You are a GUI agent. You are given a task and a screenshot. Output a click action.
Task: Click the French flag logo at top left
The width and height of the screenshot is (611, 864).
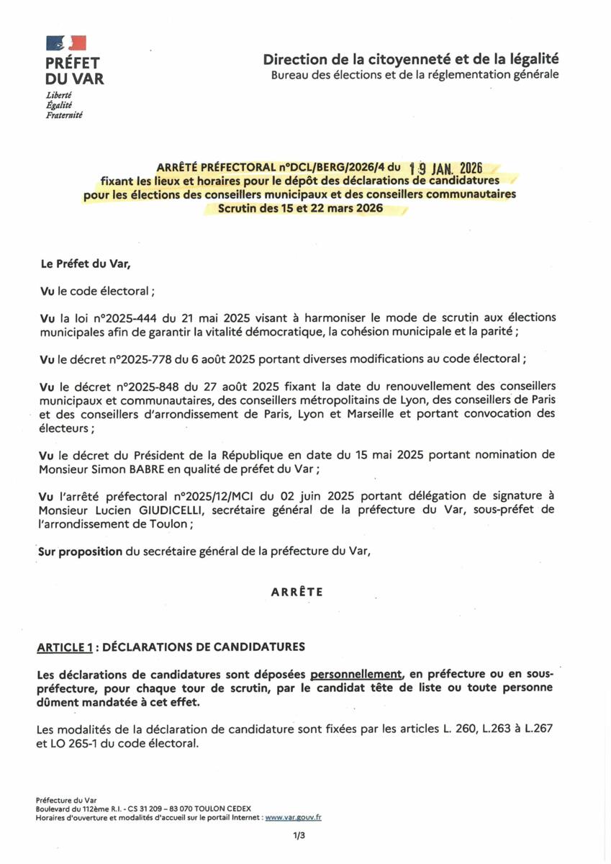click(x=66, y=43)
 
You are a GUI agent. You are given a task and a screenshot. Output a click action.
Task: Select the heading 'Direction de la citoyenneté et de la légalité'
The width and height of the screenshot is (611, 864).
click(x=410, y=59)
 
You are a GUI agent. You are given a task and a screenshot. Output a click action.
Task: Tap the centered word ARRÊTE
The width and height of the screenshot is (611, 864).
click(x=297, y=592)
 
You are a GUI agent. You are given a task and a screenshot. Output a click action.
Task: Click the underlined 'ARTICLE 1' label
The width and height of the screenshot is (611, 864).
click(x=65, y=647)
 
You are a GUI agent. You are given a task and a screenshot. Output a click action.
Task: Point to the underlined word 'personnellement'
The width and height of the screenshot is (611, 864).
click(x=356, y=674)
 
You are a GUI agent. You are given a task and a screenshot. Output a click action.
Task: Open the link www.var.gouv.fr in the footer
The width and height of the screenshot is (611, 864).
click(x=293, y=817)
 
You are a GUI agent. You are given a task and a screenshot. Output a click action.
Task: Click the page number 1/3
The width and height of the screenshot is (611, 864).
click(x=299, y=836)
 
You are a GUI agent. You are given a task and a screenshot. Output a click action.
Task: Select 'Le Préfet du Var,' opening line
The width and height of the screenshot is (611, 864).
click(x=85, y=264)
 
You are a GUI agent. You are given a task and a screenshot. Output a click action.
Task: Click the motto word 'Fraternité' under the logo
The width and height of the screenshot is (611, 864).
click(x=64, y=115)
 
